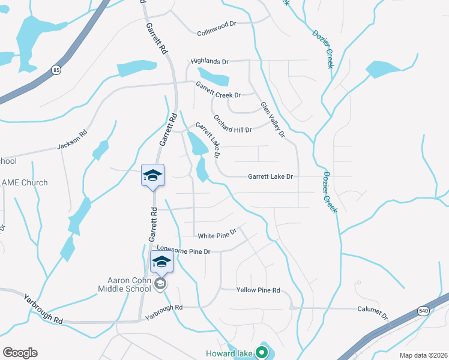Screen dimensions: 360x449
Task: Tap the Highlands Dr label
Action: click(x=209, y=61)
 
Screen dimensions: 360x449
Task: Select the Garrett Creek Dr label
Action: click(x=218, y=95)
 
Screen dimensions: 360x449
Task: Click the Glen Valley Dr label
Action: click(x=272, y=120)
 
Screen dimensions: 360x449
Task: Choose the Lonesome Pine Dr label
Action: click(x=183, y=250)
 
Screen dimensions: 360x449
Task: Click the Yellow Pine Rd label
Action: click(x=258, y=290)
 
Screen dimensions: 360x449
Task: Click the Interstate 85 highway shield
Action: click(x=56, y=70)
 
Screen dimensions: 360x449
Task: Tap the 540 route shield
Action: click(x=424, y=310)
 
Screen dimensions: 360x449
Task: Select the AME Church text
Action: click(x=25, y=182)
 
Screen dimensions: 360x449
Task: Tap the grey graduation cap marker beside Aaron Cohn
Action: click(x=160, y=284)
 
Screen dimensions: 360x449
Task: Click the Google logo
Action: click(x=20, y=353)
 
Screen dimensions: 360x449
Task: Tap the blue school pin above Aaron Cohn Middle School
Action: click(x=161, y=262)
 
